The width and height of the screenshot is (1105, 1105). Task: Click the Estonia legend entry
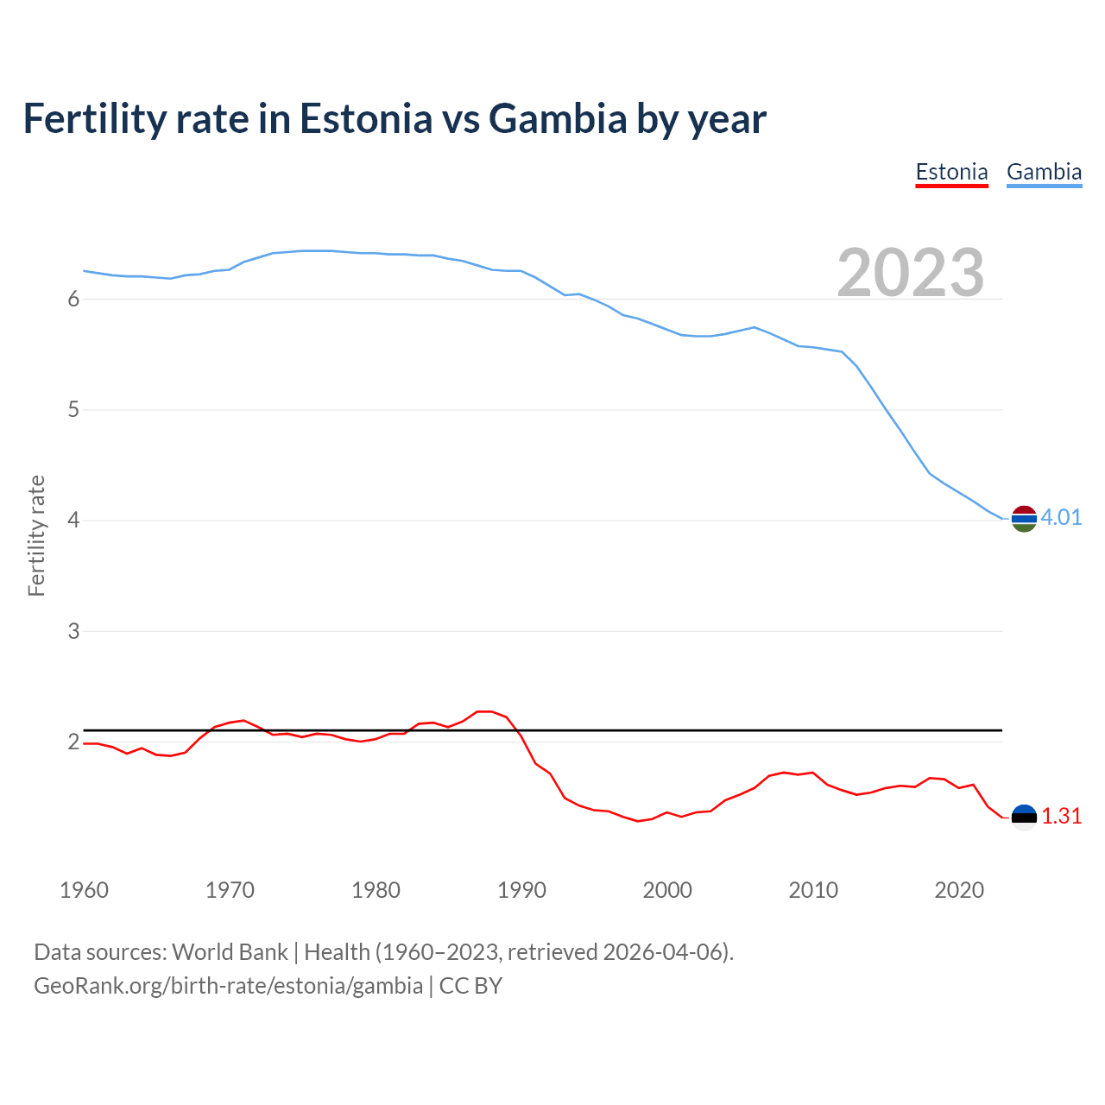pyautogui.click(x=951, y=172)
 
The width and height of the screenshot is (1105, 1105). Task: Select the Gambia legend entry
pyautogui.click(x=1044, y=172)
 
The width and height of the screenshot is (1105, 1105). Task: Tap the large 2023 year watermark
pyautogui.click(x=911, y=273)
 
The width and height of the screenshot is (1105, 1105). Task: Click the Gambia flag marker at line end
pyautogui.click(x=1024, y=518)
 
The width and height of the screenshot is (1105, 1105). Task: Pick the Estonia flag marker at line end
pyautogui.click(x=1024, y=817)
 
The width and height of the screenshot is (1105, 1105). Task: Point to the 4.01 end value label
pyautogui.click(x=1061, y=517)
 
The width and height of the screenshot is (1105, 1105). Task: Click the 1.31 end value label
pyautogui.click(x=1061, y=816)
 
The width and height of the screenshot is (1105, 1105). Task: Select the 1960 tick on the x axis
pyautogui.click(x=84, y=890)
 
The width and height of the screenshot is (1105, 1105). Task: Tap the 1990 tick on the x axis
pyautogui.click(x=521, y=890)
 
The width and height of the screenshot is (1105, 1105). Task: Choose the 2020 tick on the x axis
pyautogui.click(x=959, y=890)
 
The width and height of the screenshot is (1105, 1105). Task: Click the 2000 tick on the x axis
pyautogui.click(x=667, y=890)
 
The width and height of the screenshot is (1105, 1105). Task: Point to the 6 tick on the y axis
pyautogui.click(x=73, y=299)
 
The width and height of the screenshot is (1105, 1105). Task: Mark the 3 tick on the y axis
pyautogui.click(x=73, y=631)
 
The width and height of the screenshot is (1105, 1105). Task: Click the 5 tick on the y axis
pyautogui.click(x=73, y=409)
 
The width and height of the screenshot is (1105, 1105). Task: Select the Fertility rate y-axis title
pyautogui.click(x=36, y=535)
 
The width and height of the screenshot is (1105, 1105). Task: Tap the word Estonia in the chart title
pyautogui.click(x=366, y=119)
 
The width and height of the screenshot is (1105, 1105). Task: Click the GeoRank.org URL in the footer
pyautogui.click(x=228, y=986)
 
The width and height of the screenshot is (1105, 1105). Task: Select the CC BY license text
pyautogui.click(x=470, y=986)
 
